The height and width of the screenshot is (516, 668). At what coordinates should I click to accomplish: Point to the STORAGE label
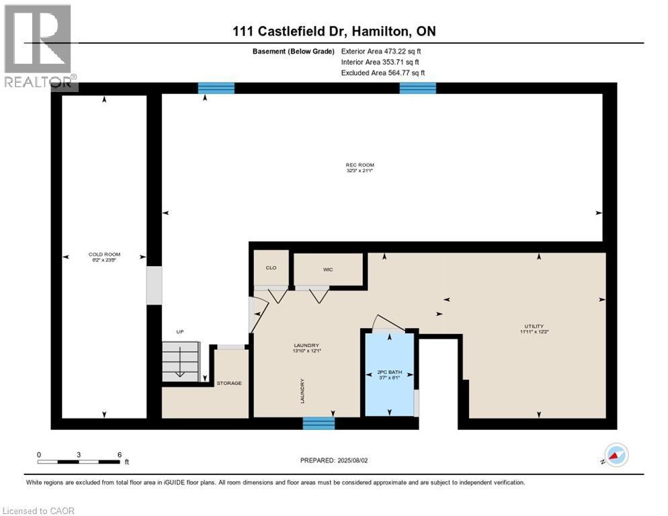[x=228, y=383]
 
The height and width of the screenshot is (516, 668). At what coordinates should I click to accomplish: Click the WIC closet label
[x=328, y=269]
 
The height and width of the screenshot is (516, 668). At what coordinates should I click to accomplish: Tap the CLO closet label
[x=271, y=267]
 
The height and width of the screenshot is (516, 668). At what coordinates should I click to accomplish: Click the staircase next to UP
[x=181, y=361]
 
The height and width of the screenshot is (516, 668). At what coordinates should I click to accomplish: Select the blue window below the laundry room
[x=319, y=423]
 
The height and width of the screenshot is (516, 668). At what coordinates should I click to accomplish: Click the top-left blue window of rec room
[x=216, y=88]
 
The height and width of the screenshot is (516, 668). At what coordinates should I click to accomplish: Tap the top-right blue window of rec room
[x=417, y=88]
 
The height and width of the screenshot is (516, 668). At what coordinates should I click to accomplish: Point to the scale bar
[x=79, y=462]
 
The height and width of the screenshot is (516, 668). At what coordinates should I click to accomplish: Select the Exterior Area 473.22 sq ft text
[x=381, y=51]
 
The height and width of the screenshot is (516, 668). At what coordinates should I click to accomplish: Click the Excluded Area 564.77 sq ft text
[x=382, y=73]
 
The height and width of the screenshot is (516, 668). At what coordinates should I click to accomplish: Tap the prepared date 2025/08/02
[x=334, y=460]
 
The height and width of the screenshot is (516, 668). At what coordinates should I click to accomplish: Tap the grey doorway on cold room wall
[x=155, y=285]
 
